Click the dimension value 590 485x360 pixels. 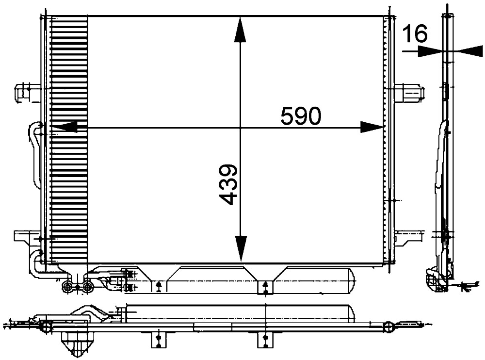tap(301, 116)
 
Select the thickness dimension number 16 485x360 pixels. tap(415, 34)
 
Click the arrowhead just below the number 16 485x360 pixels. tap(429, 51)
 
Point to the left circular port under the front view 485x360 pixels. tap(67, 288)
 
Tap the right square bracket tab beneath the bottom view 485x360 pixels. tap(264, 340)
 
